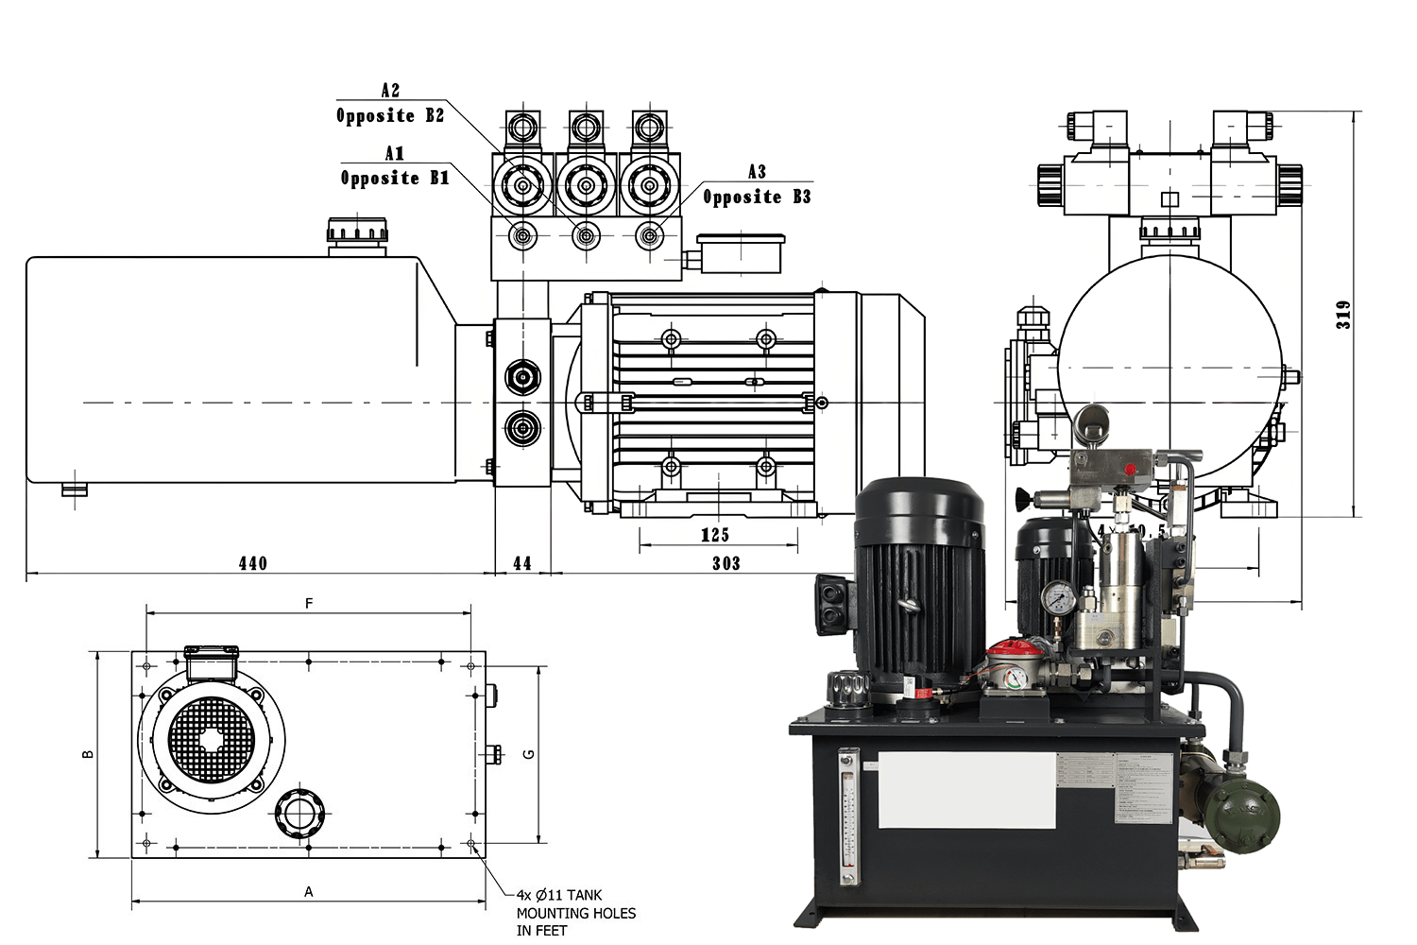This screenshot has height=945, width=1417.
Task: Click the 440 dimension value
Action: pyautogui.click(x=252, y=563)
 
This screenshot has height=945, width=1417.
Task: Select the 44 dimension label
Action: pyautogui.click(x=522, y=563)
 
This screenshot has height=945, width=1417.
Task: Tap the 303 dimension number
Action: pyautogui.click(x=726, y=563)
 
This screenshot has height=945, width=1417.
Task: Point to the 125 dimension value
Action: pyautogui.click(x=715, y=535)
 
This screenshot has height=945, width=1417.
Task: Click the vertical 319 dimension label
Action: pyautogui.click(x=1343, y=314)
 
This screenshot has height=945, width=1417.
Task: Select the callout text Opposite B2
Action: pyautogui.click(x=390, y=115)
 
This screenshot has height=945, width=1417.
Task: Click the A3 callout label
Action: pyautogui.click(x=757, y=172)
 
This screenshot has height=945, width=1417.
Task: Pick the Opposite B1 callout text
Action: pyautogui.click(x=395, y=178)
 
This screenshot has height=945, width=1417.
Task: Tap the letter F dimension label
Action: pyautogui.click(x=309, y=603)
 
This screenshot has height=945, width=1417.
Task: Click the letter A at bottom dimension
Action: pyautogui.click(x=308, y=891)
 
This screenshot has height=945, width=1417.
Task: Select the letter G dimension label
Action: pyautogui.click(x=529, y=753)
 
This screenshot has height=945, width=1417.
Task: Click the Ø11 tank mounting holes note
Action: pyautogui.click(x=575, y=912)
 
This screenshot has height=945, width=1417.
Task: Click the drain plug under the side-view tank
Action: pyautogui.click(x=74, y=490)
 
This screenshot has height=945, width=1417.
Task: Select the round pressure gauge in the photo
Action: pyautogui.click(x=1058, y=598)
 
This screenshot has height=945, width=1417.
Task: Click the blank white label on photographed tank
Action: pyautogui.click(x=966, y=790)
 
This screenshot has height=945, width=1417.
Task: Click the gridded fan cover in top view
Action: pyautogui.click(x=212, y=740)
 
